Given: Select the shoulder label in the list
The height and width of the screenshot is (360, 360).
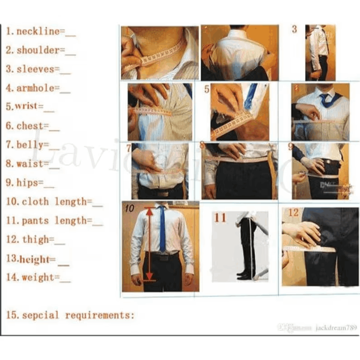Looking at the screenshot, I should pos(38,50).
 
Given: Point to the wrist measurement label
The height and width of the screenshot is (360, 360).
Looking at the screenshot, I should pos(26,107).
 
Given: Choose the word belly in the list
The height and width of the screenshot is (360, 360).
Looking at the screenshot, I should pos(30,145).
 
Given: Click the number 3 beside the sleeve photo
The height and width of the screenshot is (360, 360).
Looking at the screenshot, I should pos(294,30).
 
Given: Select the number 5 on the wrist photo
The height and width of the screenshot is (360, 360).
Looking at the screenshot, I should pos(207,89).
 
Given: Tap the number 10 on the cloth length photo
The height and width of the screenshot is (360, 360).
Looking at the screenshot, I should pos(129,209).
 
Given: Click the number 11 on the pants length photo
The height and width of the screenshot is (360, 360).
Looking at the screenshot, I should pos(220,218).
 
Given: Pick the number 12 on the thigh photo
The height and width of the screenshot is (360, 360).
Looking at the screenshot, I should pos(293,213).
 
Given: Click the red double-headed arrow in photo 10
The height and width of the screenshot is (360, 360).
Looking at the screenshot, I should pos(149,245).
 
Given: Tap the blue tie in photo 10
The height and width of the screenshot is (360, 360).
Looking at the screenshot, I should pos(162,231).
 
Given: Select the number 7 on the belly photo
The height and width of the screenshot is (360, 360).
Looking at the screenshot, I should pos(129,148).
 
